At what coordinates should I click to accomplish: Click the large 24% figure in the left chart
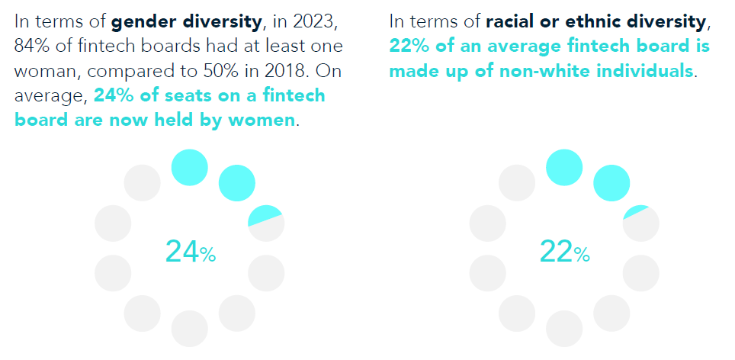click(190, 251)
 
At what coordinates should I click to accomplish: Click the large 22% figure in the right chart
click(564, 251)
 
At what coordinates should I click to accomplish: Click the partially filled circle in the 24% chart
click(266, 223)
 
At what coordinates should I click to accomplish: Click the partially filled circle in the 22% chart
click(640, 223)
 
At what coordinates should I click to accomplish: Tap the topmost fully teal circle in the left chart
click(189, 167)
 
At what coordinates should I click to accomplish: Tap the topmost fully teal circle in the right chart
click(564, 167)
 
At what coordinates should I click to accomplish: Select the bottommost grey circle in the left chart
click(189, 329)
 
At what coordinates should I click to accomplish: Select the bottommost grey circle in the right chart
click(564, 329)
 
